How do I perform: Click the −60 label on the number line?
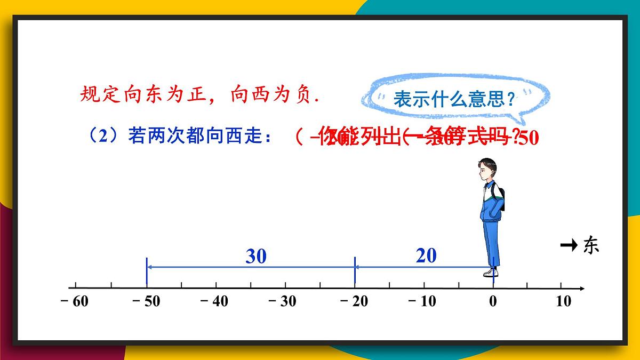click(75, 301)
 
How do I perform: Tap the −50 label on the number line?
click(146, 301)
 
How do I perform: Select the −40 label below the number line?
click(214, 301)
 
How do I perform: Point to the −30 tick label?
click(283, 301)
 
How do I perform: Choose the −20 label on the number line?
click(354, 301)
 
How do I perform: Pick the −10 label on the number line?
click(422, 301)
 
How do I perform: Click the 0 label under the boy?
click(493, 301)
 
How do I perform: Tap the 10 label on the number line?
click(563, 301)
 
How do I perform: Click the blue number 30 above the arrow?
click(256, 257)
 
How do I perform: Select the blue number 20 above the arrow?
click(426, 255)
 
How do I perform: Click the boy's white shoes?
click(490, 273)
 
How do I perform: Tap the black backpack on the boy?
click(501, 198)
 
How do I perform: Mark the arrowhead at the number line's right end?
click(582, 289)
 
